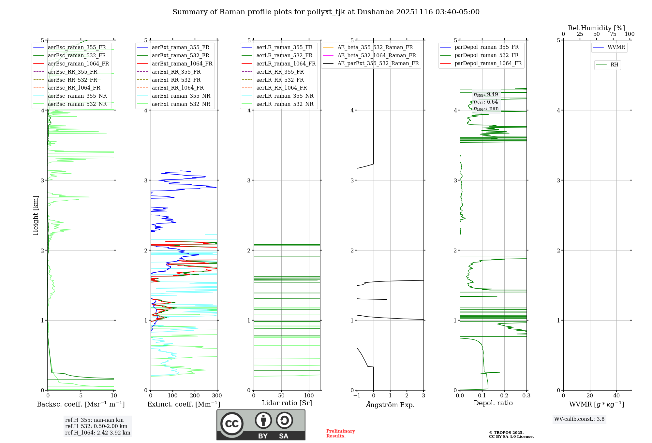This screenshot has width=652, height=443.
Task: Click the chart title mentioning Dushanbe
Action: coord(326,12)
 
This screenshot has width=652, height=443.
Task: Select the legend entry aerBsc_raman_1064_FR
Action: coord(78,64)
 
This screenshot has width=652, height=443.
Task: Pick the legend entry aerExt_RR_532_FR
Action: coord(176,80)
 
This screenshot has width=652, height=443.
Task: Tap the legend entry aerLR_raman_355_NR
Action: coord(285,96)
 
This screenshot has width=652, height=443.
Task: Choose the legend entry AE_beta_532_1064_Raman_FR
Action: coord(377,56)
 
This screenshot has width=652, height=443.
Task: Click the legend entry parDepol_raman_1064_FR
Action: coord(488,64)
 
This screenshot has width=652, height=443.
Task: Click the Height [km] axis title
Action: coord(36,215)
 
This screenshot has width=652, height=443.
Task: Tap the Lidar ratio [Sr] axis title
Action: coord(287,403)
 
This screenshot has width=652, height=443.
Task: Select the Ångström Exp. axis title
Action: coord(390,405)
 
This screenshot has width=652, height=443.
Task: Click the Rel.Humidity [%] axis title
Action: coord(596,28)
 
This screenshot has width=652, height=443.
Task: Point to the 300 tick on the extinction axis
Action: coord(217,396)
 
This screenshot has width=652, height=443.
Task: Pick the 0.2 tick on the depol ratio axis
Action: coord(504,396)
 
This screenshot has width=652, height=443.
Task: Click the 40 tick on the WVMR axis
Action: coord(616,396)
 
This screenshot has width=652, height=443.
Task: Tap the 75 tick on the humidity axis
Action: coord(613,34)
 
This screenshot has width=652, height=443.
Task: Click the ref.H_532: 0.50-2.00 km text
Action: coord(96,426)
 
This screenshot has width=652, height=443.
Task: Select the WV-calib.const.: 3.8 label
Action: coord(579,419)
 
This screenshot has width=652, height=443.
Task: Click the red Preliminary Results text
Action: coord(340,434)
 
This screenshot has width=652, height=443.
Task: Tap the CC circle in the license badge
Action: coord(232,424)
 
